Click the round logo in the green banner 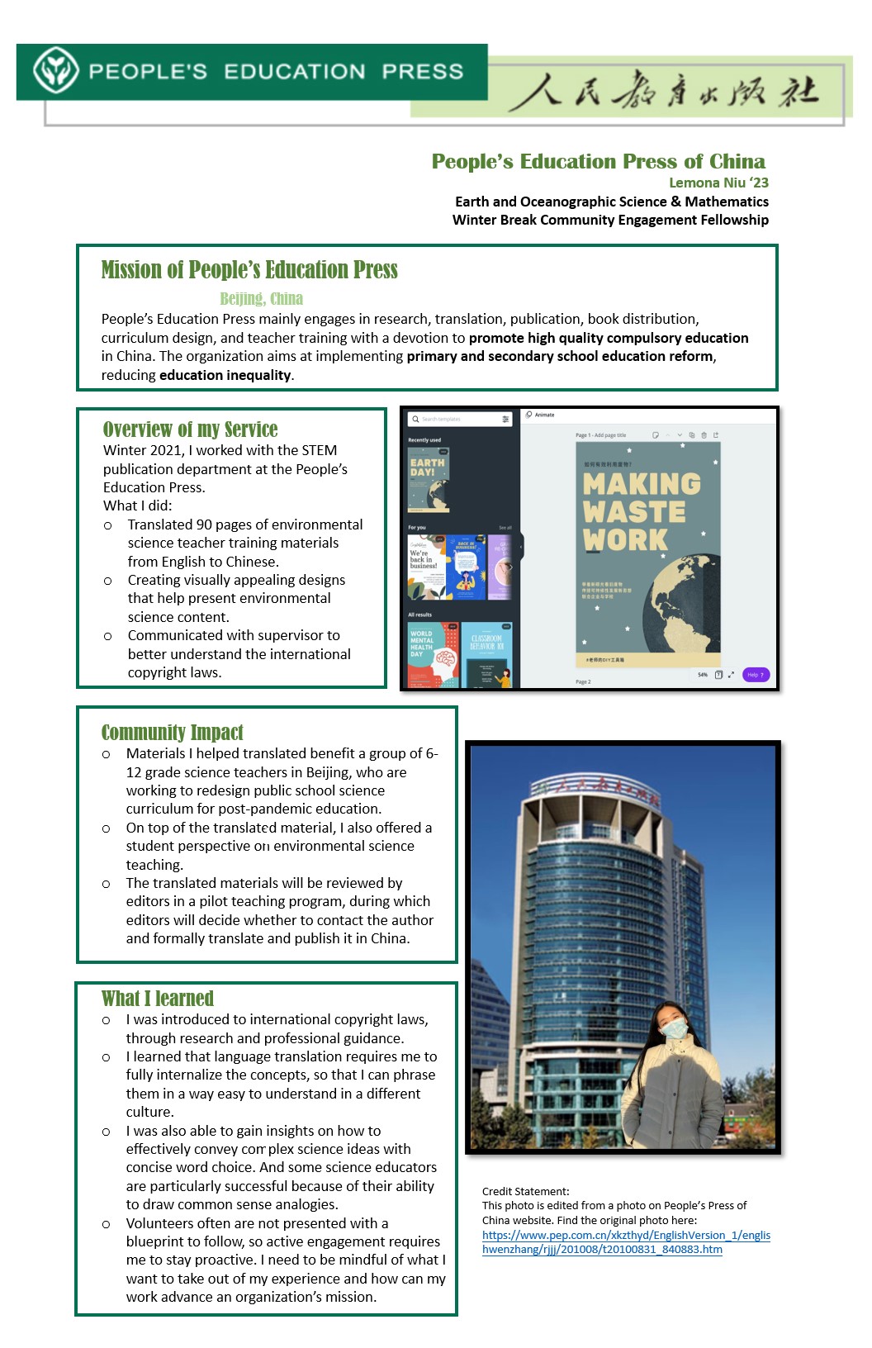pyautogui.click(x=56, y=71)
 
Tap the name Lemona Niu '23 pyautogui.click(x=718, y=183)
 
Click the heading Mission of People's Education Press pyautogui.click(x=249, y=270)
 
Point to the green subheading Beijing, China pyautogui.click(x=261, y=298)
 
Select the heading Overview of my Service pyautogui.click(x=190, y=430)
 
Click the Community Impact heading pyautogui.click(x=172, y=733)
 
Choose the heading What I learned pyautogui.click(x=157, y=999)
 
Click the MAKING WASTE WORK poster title pyautogui.click(x=641, y=510)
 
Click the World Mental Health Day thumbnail pyautogui.click(x=433, y=654)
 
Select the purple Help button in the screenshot pyautogui.click(x=756, y=675)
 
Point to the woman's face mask pyautogui.click(x=676, y=1028)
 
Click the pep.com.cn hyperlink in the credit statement pyautogui.click(x=626, y=1242)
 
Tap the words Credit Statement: pyautogui.click(x=525, y=1191)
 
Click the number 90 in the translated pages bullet pyautogui.click(x=205, y=524)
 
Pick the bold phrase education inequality pyautogui.click(x=225, y=375)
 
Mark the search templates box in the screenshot pyautogui.click(x=459, y=420)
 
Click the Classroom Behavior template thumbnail pyautogui.click(x=487, y=654)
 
